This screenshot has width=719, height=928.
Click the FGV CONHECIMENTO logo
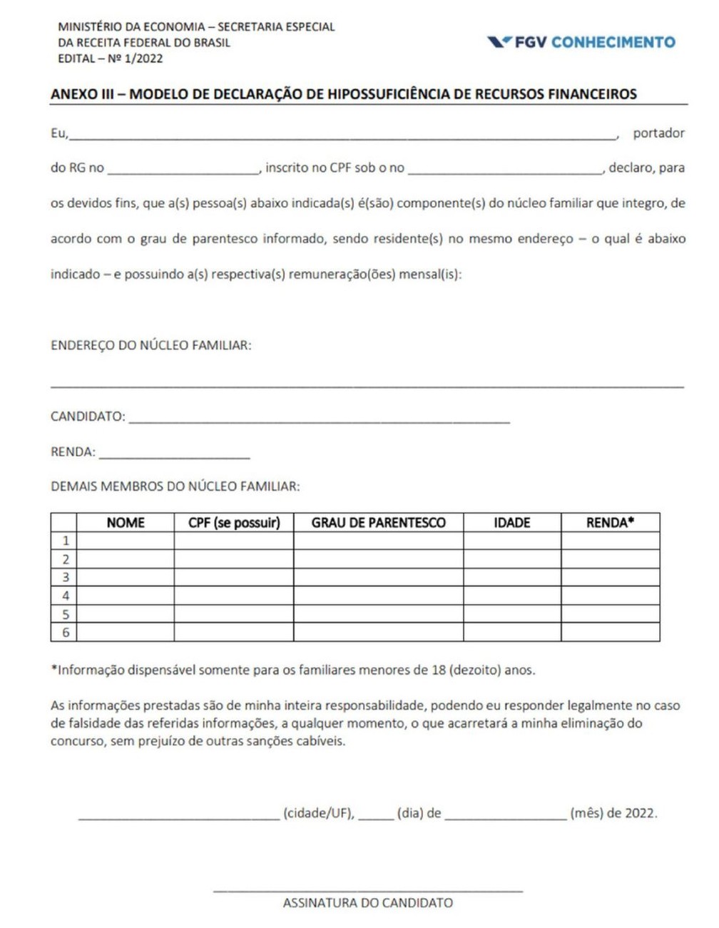point(581,42)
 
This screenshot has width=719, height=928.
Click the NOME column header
point(126,523)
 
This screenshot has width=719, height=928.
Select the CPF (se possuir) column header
point(234,523)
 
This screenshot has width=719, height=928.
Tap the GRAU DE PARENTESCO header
point(378,523)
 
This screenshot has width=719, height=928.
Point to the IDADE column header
point(512,523)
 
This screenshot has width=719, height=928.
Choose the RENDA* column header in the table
point(610,523)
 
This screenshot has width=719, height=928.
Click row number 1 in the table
point(66,541)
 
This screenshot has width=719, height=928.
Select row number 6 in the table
point(66,632)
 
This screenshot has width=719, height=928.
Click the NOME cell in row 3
point(126,577)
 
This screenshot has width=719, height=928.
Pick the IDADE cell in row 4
point(512,596)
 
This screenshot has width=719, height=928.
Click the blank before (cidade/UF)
point(179,816)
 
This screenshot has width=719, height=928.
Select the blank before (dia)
point(376,816)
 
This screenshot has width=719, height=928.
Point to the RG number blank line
point(183,170)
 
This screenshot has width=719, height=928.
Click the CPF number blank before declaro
point(506,170)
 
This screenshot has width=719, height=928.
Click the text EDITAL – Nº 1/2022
point(111,58)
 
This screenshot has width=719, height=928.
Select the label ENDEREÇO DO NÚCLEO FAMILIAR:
point(151,345)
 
